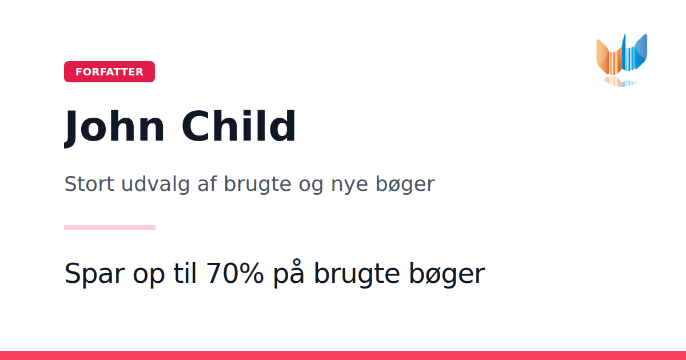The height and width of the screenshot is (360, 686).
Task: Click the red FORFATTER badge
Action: pyautogui.click(x=109, y=71)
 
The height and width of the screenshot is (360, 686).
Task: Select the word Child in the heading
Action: pyautogui.click(x=238, y=126)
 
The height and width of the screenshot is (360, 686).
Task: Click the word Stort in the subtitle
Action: pyautogui.click(x=89, y=184)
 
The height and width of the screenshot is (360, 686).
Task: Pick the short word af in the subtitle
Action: pyautogui.click(x=207, y=183)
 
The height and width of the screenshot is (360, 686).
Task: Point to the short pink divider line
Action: pyautogui.click(x=110, y=227)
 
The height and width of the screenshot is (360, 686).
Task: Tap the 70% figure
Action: pyautogui.click(x=235, y=273)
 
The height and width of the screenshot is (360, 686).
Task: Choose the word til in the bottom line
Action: pyautogui.click(x=185, y=273)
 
